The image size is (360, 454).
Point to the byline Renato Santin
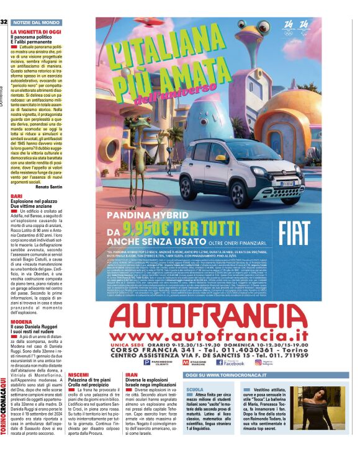pos(48,186)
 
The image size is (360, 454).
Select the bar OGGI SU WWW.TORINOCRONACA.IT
pos(222,375)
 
